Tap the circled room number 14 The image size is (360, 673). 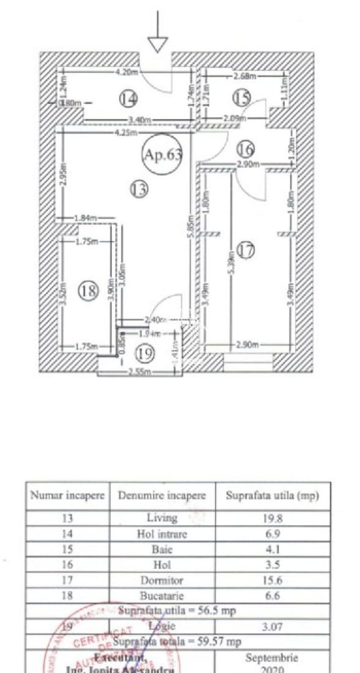pyautogui.click(x=129, y=98)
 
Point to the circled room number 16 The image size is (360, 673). pyautogui.click(x=246, y=150)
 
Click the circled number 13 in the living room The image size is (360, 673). pyautogui.click(x=139, y=189)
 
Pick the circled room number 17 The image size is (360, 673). pyautogui.click(x=247, y=251)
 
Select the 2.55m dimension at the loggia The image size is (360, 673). pyautogui.click(x=137, y=373)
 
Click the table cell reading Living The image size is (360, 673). pyautogui.click(x=162, y=518)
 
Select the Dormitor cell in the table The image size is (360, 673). pyautogui.click(x=162, y=578)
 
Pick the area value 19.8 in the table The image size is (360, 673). pyautogui.click(x=272, y=518)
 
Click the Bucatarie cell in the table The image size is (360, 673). pyautogui.click(x=162, y=594)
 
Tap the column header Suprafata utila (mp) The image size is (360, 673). pyautogui.click(x=272, y=496)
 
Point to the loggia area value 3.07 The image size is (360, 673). pyautogui.click(x=272, y=625)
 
